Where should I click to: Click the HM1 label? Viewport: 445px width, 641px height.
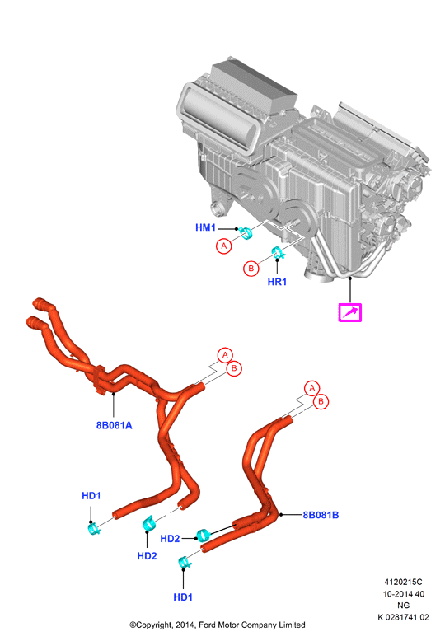point(205,227)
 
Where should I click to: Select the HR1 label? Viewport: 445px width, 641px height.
point(277,282)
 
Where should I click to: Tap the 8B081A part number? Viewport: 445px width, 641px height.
point(114,425)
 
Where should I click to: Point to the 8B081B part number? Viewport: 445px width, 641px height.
point(321,515)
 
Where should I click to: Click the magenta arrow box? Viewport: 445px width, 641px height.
point(349,313)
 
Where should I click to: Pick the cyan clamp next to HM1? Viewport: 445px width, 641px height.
point(246,232)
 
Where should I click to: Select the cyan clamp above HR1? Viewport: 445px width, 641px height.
point(279,253)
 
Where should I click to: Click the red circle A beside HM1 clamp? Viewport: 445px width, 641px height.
point(223,246)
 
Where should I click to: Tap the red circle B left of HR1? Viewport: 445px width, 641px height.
point(251,269)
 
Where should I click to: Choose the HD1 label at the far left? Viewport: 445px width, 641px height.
point(91,495)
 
